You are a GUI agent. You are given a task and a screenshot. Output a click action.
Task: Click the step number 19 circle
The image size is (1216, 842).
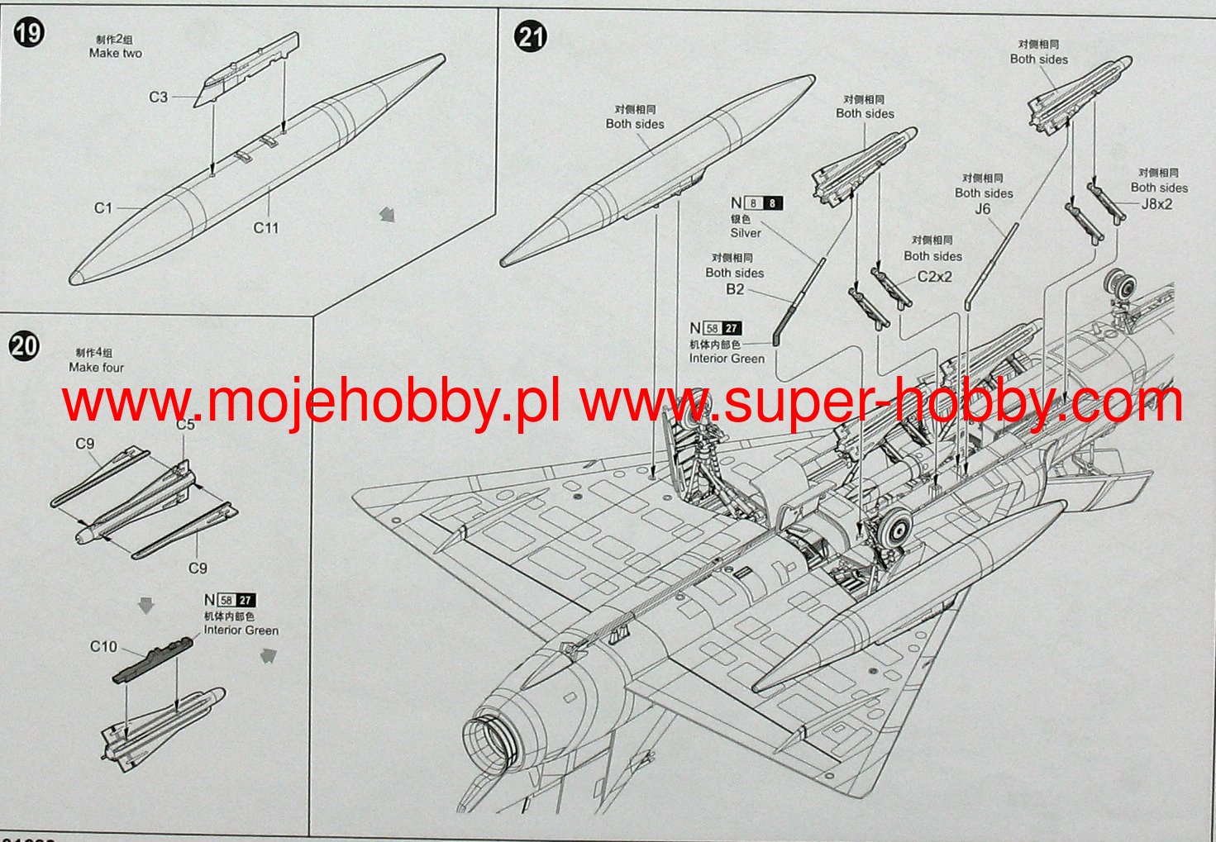[x=29, y=33]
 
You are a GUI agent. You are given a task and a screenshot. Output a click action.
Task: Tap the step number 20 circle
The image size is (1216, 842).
[x=24, y=345]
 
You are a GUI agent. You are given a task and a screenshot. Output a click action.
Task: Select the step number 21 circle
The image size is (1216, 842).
[x=530, y=37]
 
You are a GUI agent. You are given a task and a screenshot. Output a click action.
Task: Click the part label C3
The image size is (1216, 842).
[x=158, y=98]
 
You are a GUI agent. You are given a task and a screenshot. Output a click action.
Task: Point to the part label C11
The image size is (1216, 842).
[x=266, y=228]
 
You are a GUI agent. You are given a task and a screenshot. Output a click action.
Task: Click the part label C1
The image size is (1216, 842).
[x=103, y=208]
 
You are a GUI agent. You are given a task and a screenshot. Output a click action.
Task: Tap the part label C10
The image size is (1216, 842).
[x=103, y=647]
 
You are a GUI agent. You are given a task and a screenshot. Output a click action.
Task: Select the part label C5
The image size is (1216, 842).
[x=185, y=425]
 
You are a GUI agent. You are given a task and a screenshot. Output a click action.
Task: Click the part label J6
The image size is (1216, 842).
[x=982, y=209]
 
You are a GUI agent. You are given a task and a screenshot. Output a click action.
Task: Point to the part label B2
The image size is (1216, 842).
[x=735, y=289]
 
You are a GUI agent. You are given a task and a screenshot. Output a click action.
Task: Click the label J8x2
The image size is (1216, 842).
[x=1156, y=204]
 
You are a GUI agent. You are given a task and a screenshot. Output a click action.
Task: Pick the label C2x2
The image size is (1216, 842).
[x=934, y=277]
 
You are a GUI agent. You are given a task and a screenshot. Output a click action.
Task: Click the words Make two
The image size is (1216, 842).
[x=116, y=54]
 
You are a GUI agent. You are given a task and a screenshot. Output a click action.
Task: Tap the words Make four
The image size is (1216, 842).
[x=96, y=368]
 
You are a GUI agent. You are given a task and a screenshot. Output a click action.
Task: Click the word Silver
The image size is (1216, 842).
[x=745, y=233]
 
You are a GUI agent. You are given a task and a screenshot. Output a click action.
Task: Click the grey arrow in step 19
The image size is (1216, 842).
[x=387, y=215]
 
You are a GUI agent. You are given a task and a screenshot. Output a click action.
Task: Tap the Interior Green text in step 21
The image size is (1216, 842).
[x=727, y=359]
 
